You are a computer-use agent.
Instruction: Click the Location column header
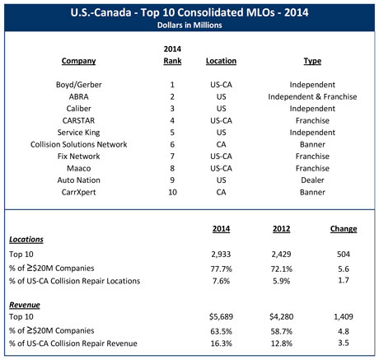[220, 60]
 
